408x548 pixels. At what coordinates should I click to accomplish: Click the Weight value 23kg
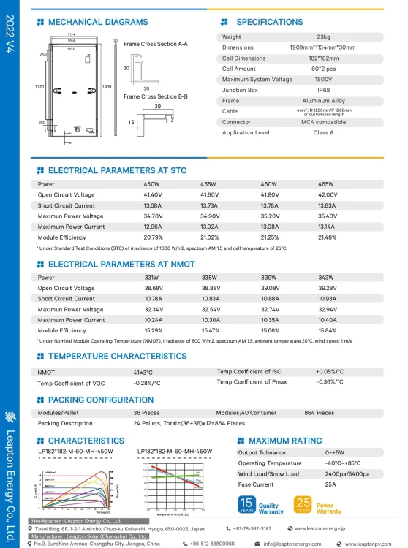(x=322, y=37)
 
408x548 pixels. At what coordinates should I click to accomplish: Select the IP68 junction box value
(x=322, y=90)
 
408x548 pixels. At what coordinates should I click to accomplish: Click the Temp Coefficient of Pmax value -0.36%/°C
(x=330, y=382)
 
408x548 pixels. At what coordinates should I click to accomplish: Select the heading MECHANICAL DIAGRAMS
(x=97, y=23)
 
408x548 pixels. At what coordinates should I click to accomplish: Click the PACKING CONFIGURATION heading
(x=101, y=400)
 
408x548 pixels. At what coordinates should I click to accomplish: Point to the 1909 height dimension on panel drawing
(x=107, y=86)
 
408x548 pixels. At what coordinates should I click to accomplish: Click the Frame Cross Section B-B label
(x=155, y=96)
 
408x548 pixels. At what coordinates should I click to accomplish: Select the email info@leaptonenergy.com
(x=292, y=543)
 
